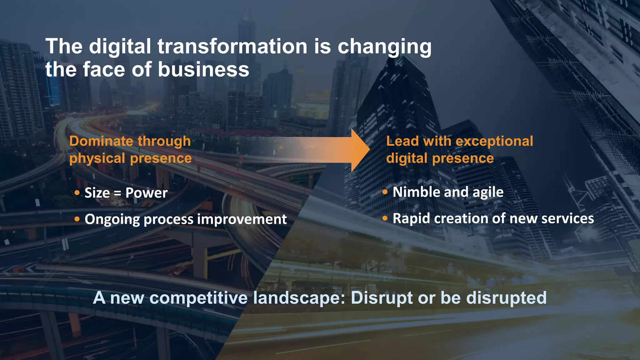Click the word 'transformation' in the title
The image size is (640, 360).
click(232, 46)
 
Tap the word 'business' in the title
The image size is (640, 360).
click(203, 69)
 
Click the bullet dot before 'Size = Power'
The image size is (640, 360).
click(77, 193)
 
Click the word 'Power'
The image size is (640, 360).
click(146, 193)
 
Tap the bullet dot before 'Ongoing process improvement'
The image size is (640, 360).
click(77, 219)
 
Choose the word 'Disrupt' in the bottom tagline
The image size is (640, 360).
click(382, 298)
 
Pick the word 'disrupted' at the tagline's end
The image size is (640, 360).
click(506, 298)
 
